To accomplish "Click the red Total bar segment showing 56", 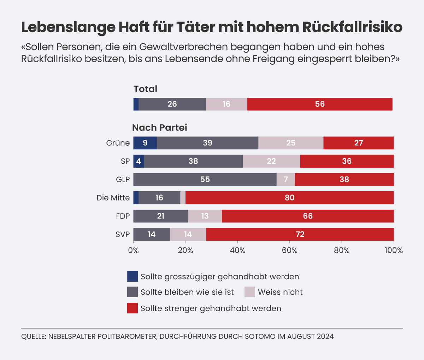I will tap(320, 104).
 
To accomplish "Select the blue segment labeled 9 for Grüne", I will tap(145, 143).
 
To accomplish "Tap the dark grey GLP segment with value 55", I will tap(205, 179).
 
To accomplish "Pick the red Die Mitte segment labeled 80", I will tap(289, 198).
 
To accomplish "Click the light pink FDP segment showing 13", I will tap(205, 216).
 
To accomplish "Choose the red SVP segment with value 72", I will tap(300, 234).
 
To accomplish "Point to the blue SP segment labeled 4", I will tap(139, 161).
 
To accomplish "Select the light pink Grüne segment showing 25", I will tap(291, 143).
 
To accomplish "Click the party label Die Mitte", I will tap(113, 198).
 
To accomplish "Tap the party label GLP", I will tap(123, 179).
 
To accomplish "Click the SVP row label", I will tap(123, 234).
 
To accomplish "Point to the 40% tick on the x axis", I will tap(237, 250).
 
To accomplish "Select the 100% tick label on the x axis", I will tap(394, 250).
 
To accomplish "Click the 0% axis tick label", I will tap(134, 250).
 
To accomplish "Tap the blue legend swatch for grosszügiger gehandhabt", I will tap(132, 276).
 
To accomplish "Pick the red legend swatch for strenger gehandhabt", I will tap(132, 308).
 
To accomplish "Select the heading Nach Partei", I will tap(160, 127).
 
